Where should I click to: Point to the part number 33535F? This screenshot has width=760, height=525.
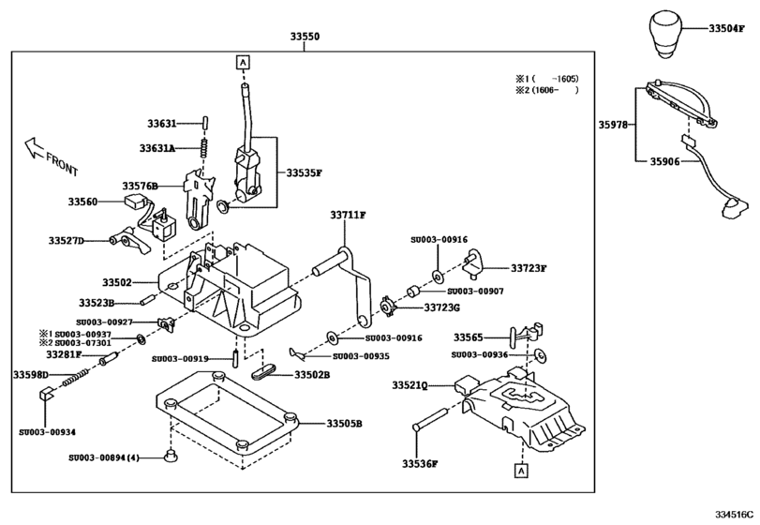(304, 172)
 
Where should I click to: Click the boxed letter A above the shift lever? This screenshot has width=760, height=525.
(243, 63)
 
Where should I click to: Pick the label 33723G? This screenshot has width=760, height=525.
(442, 307)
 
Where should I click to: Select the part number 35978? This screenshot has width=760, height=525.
(617, 124)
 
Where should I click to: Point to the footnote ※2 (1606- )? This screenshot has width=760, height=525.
(546, 90)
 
